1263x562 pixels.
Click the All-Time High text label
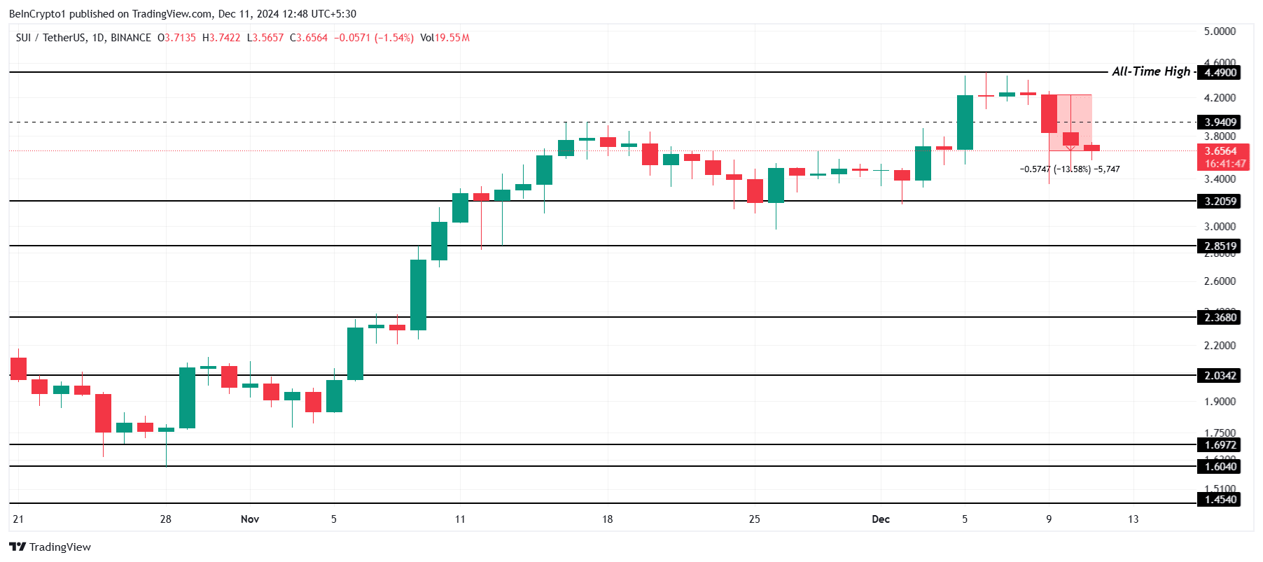coord(1150,71)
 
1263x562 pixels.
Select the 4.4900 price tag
coord(1220,73)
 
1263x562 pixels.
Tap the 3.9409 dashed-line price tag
coord(1220,122)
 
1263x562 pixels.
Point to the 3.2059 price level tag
coord(1220,202)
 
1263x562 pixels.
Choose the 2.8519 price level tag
coord(1220,246)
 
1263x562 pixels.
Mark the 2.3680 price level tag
coord(1220,318)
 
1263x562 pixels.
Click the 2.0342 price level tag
coord(1220,376)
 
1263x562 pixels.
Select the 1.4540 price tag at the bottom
coord(1220,500)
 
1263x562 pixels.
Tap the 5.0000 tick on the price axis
coord(1219,31)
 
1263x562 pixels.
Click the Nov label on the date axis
coord(250,519)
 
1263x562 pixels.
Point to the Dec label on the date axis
coord(881,519)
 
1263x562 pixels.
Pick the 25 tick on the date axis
coord(754,519)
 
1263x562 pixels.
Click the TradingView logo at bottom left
coord(50,547)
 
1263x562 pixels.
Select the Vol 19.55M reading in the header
coord(445,38)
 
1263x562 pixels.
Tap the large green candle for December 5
coord(965,122)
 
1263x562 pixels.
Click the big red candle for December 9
coord(1049,113)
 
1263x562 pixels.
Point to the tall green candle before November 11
coord(418,295)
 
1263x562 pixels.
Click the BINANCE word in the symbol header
coord(131,38)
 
